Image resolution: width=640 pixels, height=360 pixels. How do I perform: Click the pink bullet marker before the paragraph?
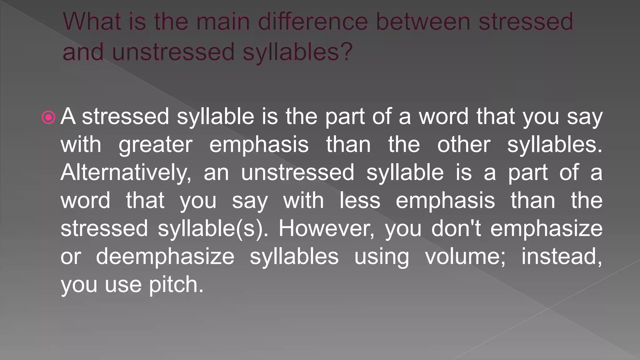tap(48, 118)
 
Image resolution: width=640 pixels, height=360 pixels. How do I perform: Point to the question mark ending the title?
tap(346, 51)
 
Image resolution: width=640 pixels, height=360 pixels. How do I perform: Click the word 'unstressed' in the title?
tap(173, 51)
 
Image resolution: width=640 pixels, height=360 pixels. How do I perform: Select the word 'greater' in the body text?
tap(155, 145)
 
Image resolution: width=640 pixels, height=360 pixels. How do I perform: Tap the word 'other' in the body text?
tap(464, 145)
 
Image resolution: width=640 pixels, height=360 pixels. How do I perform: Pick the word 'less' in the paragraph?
tap(360, 200)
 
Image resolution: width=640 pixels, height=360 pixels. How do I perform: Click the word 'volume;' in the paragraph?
tap(465, 256)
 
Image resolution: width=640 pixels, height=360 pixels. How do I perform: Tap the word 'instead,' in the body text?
tap(562, 256)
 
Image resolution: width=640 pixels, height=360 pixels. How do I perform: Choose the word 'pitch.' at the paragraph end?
tap(176, 284)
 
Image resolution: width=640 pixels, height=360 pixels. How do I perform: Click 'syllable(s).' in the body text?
tap(213, 228)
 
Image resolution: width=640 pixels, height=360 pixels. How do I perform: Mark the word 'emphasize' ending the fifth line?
tap(546, 228)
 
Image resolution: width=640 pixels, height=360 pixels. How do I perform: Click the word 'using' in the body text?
tap(381, 256)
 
